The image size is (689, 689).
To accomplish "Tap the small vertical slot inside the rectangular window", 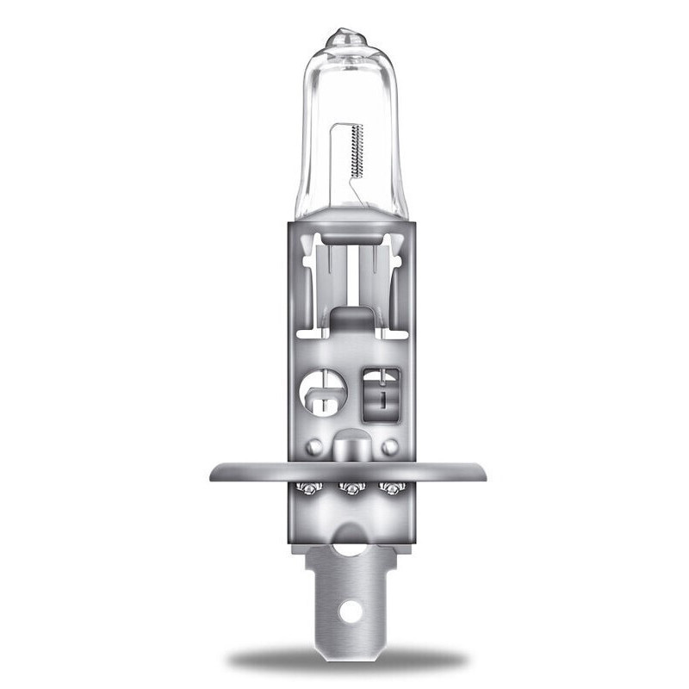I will pos(378,397).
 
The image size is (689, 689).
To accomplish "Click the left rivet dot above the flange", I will pos(315,447).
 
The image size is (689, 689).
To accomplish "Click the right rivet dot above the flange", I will pos(389,447).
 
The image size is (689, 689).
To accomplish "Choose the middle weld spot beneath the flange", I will pos(351,490).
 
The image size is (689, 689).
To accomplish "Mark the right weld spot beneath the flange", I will pos(394,489).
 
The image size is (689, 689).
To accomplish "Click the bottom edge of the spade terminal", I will pos(350,636).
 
